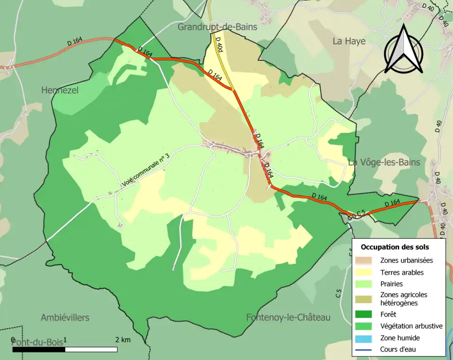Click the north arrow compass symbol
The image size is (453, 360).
coord(403,50)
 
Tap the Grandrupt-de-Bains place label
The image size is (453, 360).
coord(218,27)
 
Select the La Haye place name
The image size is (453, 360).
coord(349,41)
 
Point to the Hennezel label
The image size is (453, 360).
coord(59,90)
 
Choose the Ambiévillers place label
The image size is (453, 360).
coord(65,318)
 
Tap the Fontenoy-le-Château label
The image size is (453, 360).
coord(288,318)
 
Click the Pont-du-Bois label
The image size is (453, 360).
coord(38,342)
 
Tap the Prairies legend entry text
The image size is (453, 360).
coord(392,284)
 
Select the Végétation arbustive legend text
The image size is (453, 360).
coord(411,326)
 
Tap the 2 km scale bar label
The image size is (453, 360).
coord(123,340)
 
